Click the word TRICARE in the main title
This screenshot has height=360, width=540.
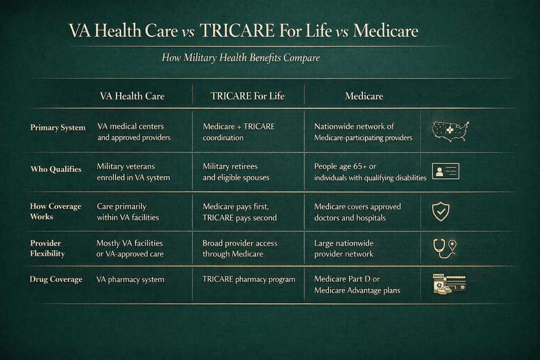tap(237, 31)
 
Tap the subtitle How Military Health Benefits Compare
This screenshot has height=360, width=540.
tap(240, 57)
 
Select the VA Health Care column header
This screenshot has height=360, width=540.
tap(132, 96)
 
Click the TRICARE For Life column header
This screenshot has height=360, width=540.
tap(248, 96)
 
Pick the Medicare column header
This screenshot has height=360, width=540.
tap(364, 96)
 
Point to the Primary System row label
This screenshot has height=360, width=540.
tap(58, 128)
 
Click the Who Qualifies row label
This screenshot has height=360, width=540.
tap(56, 169)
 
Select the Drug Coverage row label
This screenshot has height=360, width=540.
tap(56, 279)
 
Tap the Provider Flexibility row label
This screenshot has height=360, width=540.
tap(47, 248)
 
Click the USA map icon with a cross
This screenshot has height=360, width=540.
tap(450, 131)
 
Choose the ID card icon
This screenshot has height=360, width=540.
tap(446, 171)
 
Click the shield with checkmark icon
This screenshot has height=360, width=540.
tap(441, 211)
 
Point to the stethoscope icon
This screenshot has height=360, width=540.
tap(439, 248)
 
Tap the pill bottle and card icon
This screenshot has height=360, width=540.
tap(449, 284)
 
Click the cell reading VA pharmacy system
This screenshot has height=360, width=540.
tap(130, 279)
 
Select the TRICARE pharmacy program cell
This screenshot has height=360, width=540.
tap(249, 279)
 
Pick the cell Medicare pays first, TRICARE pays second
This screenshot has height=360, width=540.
tap(240, 212)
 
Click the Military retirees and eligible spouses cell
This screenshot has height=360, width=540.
tap(236, 172)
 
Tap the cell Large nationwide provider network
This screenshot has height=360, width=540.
tap(344, 248)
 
